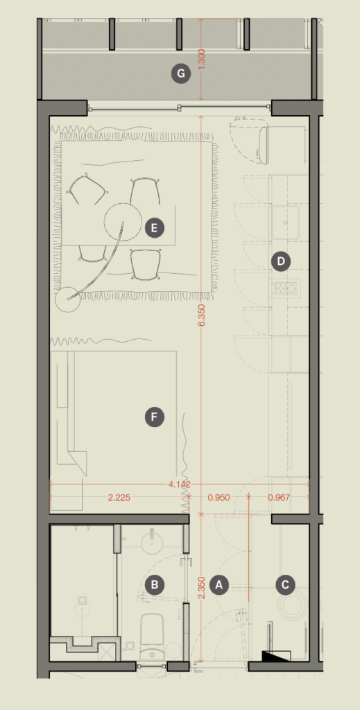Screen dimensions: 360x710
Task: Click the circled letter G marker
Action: (x=180, y=73)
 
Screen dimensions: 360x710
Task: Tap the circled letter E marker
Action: (x=155, y=227)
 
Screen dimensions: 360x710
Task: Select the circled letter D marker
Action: (x=281, y=261)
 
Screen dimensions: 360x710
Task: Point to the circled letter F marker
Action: (x=155, y=417)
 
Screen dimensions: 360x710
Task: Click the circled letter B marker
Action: (x=155, y=585)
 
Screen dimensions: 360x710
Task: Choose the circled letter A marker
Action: (x=220, y=585)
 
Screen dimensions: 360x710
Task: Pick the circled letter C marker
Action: (x=285, y=585)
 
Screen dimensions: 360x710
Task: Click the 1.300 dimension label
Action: (x=202, y=59)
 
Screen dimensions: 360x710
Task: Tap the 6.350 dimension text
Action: (x=202, y=315)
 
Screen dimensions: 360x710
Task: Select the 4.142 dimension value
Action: (x=180, y=485)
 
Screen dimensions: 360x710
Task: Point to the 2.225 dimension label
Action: (x=119, y=498)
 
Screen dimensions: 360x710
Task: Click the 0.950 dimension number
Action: (x=218, y=498)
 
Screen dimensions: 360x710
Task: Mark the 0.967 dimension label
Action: (x=279, y=498)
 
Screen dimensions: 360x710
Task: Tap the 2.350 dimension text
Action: (x=202, y=588)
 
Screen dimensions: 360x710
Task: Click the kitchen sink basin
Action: (x=286, y=222)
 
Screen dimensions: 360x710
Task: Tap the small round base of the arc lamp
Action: (x=67, y=300)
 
